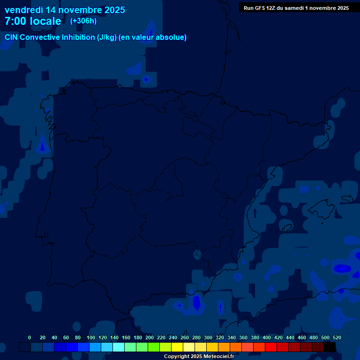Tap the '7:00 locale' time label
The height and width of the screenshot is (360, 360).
click(33, 21)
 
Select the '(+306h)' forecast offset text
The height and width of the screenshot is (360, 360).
click(83, 21)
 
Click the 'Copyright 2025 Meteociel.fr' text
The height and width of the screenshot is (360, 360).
click(199, 356)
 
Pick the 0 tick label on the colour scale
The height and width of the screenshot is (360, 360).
click(30, 337)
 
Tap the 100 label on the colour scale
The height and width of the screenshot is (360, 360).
click(90, 337)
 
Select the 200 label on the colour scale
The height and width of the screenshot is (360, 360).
click(150, 337)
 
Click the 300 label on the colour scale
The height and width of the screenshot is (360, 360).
click(208, 337)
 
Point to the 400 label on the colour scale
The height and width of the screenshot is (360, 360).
click(266, 337)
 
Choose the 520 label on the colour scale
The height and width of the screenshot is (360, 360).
click(337, 337)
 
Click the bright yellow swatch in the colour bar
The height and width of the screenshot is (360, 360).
click(177, 347)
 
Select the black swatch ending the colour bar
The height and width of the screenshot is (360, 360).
click(330, 347)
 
